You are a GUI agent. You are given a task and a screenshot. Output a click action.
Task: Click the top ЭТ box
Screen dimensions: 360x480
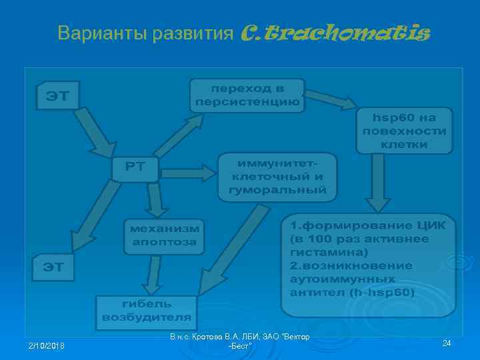[x=57, y=95]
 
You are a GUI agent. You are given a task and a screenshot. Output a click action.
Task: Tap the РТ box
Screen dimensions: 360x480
[x=135, y=169]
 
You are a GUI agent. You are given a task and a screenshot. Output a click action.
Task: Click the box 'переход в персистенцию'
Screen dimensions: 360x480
[x=247, y=95]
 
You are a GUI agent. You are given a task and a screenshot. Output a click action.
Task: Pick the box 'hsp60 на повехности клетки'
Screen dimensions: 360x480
[x=404, y=130]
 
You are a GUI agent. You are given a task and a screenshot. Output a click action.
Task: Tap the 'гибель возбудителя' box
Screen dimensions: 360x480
[x=146, y=311]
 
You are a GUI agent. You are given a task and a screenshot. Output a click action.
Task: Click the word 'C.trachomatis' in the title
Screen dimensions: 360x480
[x=333, y=32]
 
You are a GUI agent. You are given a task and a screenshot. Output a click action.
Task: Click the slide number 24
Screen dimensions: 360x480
[x=447, y=343]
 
